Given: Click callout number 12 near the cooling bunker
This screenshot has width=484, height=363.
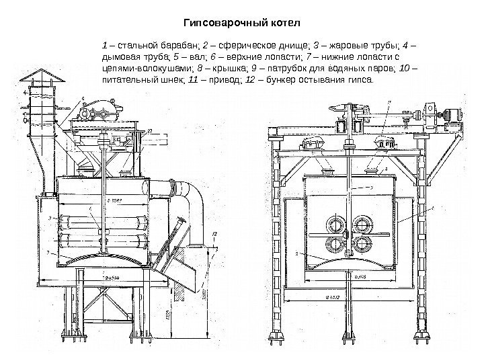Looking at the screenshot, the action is coord(213,233).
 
